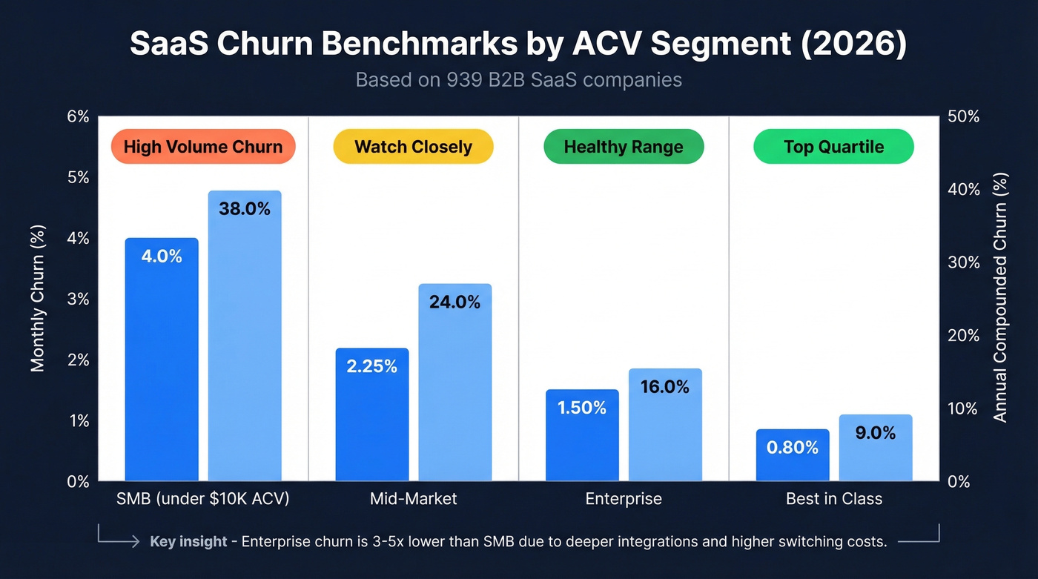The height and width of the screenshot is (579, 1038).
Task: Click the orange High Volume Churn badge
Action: pyautogui.click(x=203, y=147)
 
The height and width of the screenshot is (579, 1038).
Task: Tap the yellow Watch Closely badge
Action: pyautogui.click(x=413, y=147)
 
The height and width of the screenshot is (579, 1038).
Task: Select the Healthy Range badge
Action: pyautogui.click(x=624, y=147)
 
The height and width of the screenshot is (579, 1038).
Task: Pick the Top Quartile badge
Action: pyautogui.click(x=833, y=147)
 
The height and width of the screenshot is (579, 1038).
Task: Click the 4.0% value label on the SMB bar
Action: pyautogui.click(x=162, y=257)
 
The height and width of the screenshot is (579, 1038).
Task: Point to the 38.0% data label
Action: pyautogui.click(x=245, y=209)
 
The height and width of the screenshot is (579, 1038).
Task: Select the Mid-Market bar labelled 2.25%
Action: pyautogui.click(x=371, y=415)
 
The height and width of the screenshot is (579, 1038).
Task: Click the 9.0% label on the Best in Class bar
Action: pyautogui.click(x=876, y=433)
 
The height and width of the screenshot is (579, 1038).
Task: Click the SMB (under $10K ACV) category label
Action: pyautogui.click(x=203, y=499)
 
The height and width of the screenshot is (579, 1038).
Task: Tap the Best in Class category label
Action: pyautogui.click(x=834, y=499)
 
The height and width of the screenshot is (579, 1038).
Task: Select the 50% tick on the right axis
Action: pyautogui.click(x=964, y=116)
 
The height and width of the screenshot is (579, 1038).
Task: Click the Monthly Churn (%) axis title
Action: pyautogui.click(x=38, y=298)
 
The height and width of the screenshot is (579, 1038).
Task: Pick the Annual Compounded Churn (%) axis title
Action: pyautogui.click(x=1000, y=298)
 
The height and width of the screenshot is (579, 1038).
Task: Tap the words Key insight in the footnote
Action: pyautogui.click(x=188, y=541)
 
